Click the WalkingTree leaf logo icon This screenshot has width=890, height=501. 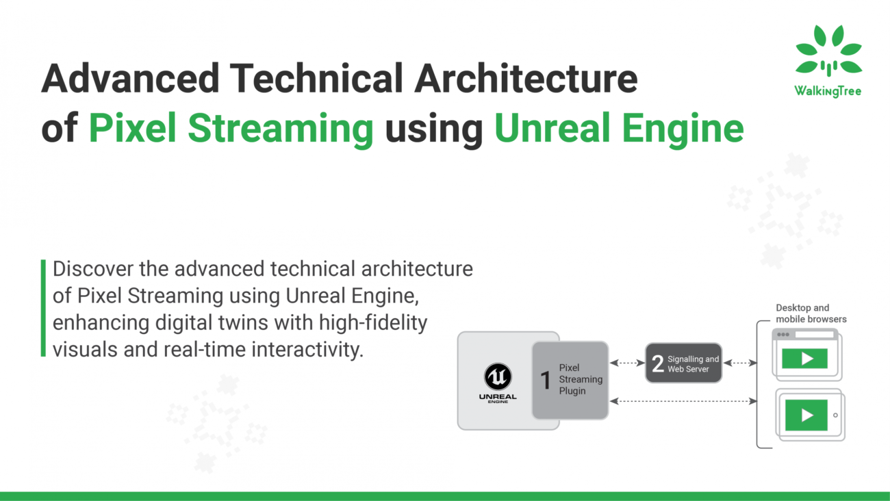(x=828, y=51)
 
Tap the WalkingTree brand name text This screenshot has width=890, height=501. (x=828, y=91)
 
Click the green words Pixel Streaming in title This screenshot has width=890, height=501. (x=231, y=128)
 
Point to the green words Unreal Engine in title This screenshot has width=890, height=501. (x=618, y=128)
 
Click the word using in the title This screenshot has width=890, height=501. (x=434, y=130)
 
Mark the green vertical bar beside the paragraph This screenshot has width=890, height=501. (x=44, y=308)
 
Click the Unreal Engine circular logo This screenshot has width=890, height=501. (x=498, y=376)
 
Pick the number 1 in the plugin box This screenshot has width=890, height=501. (x=546, y=380)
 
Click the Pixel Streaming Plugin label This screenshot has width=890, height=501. (x=581, y=379)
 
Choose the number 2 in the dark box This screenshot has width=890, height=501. (x=657, y=363)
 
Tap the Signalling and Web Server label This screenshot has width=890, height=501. (x=693, y=363)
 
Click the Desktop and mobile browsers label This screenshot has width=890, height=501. (x=811, y=313)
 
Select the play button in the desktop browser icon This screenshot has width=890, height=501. (x=806, y=358)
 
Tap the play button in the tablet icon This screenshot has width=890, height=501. (x=806, y=415)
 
